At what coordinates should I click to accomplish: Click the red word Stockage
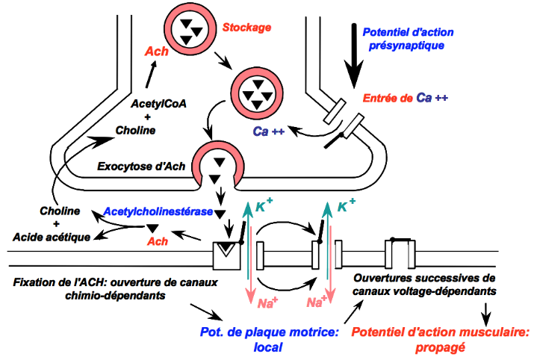[247, 28]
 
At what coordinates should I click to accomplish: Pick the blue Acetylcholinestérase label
[158, 212]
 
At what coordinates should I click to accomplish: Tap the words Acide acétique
[52, 237]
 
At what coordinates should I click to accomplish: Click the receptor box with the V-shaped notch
[225, 255]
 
